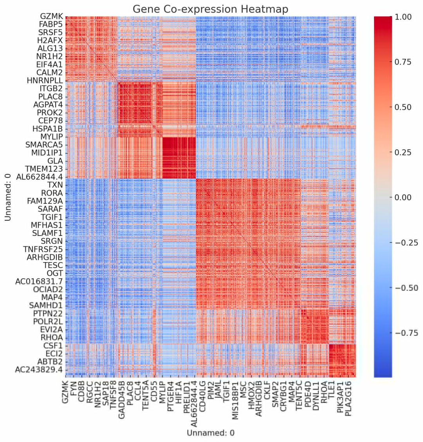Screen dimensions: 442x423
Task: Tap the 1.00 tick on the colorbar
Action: click(403, 17)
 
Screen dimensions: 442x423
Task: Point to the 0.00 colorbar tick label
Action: click(403, 197)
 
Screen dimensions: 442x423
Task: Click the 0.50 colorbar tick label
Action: click(403, 107)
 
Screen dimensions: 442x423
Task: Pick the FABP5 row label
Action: click(51, 24)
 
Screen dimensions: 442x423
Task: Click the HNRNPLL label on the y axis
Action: click(45, 81)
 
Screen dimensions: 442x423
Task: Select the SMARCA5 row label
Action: click(44, 145)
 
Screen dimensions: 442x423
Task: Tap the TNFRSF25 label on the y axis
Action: click(43, 249)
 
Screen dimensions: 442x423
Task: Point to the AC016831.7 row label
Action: click(39, 281)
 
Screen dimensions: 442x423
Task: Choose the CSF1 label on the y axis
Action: click(53, 346)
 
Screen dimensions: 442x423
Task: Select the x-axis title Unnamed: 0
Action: click(210, 433)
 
